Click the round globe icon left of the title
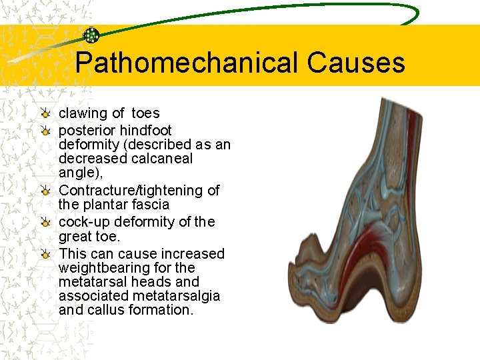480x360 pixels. (91, 35)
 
